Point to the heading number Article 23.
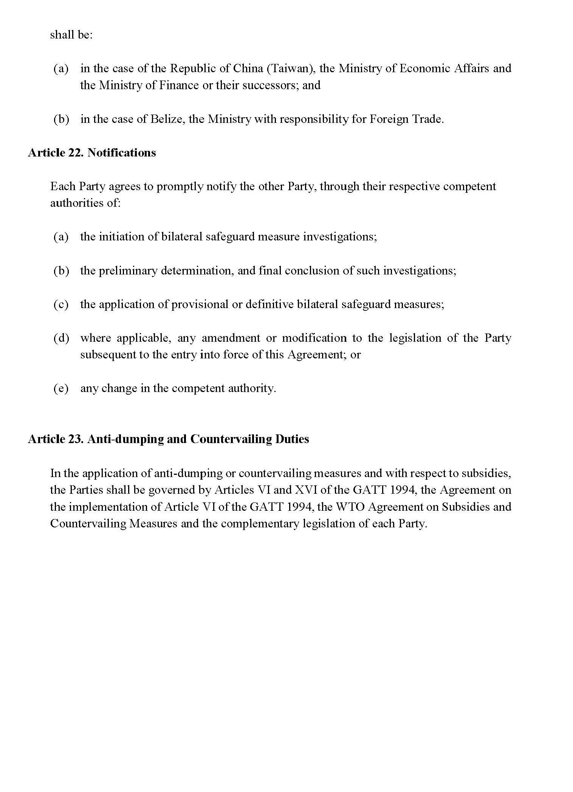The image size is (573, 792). pos(56,439)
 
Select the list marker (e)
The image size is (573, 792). pos(61,388)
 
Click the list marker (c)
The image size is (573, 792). pos(61,304)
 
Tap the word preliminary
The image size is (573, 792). pos(128,271)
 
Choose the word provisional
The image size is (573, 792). pos(200,304)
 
